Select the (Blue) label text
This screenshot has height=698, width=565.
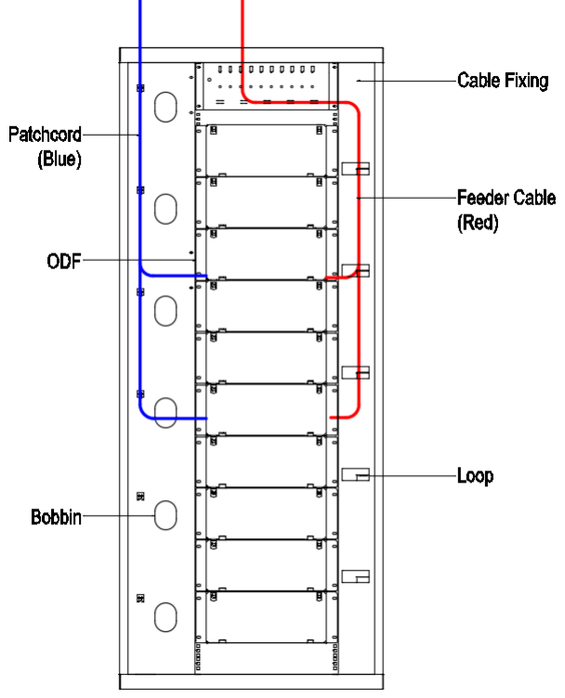[59, 159]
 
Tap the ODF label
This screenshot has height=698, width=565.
[63, 262]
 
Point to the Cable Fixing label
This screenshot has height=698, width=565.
[502, 81]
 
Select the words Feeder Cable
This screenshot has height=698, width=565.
[506, 198]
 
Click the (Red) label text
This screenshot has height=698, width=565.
[478, 224]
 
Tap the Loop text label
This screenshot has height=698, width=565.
[475, 476]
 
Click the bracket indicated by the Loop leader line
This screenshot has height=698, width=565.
[356, 475]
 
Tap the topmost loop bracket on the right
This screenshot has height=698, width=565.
[356, 169]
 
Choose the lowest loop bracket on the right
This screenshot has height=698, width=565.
[356, 576]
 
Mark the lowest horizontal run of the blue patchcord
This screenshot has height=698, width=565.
[172, 419]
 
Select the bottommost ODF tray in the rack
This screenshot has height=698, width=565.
[266, 616]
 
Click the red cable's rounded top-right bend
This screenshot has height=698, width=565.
[354, 109]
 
